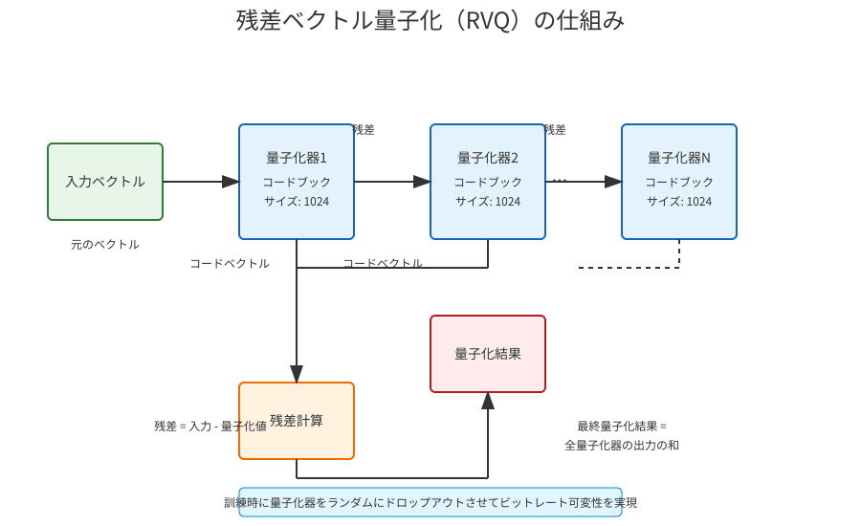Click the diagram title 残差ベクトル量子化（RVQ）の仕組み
(430, 20)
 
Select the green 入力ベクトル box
(105, 182)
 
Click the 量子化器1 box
(297, 182)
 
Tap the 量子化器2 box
(488, 182)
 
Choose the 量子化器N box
(679, 182)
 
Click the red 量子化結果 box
(488, 354)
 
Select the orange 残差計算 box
(297, 421)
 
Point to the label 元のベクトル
(105, 245)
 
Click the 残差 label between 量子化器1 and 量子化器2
(364, 130)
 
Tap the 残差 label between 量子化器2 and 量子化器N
(555, 130)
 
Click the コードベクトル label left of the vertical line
(230, 264)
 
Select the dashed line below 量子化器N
(631, 268)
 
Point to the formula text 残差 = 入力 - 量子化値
(210, 427)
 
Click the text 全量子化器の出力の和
(622, 446)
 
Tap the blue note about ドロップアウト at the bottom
(430, 502)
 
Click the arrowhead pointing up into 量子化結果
(488, 400)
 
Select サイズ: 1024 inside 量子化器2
(488, 202)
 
